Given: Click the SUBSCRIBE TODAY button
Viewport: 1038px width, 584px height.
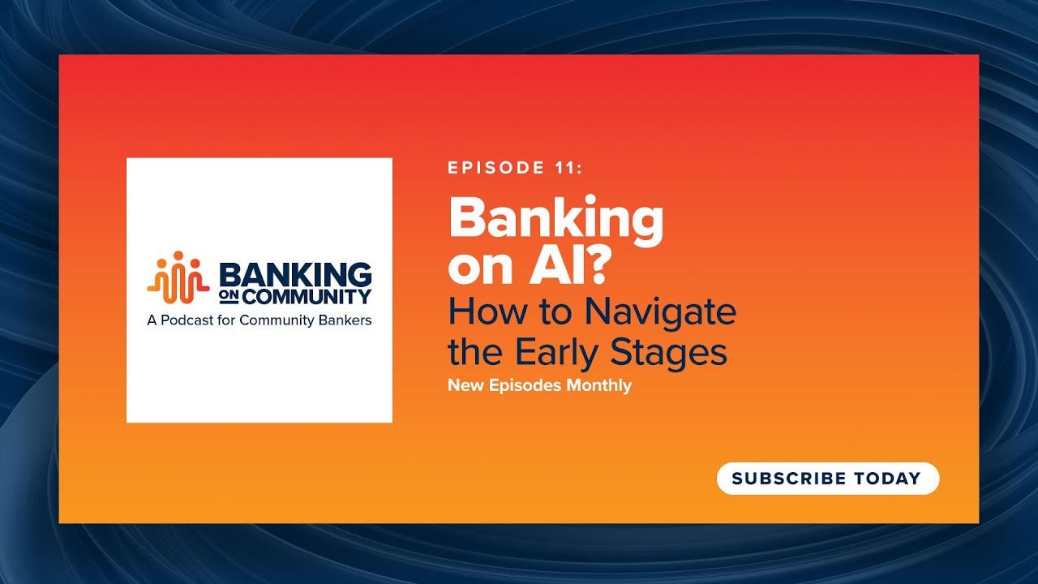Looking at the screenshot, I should tap(827, 479).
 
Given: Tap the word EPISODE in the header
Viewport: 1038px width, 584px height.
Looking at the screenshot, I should tap(495, 168).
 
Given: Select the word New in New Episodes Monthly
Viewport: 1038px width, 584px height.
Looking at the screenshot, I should tap(465, 385).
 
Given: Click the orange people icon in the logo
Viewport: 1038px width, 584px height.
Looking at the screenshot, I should tap(178, 277).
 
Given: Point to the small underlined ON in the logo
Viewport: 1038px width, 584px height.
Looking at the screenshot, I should tap(229, 297).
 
